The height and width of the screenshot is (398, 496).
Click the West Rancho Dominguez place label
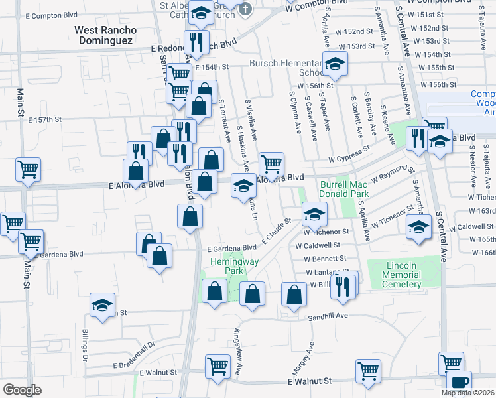105,35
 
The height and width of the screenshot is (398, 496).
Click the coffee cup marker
459,383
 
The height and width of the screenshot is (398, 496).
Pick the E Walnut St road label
309,382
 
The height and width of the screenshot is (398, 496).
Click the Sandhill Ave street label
328,317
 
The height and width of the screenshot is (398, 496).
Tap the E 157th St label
45,120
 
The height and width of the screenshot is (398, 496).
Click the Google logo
22,389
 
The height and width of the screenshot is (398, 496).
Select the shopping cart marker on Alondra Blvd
271,163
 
